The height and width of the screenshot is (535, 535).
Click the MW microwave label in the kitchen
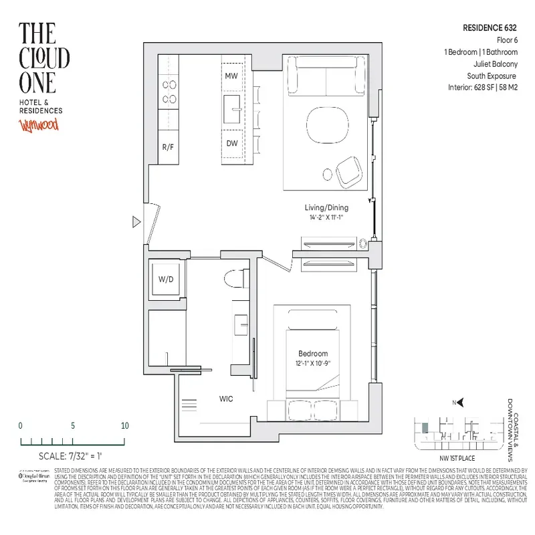231,75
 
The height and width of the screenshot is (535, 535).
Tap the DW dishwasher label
231,143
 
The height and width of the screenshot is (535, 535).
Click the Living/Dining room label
326,207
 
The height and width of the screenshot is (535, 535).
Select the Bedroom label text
313,353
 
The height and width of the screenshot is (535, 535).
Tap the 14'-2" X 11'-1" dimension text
326,217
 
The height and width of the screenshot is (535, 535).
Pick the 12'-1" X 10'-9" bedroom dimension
313,363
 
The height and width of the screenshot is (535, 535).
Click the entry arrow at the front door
136,221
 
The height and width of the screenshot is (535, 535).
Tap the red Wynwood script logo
39,125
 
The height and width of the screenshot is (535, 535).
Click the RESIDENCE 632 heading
490,28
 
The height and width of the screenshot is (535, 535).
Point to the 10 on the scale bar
124,426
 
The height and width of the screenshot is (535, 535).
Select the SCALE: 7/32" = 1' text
72,457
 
